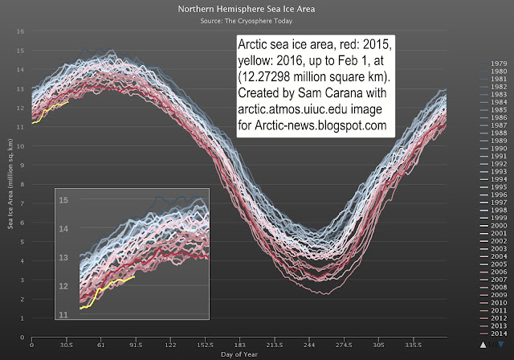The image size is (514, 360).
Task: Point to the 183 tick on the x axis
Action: (239, 342)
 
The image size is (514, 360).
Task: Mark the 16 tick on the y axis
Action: (22, 31)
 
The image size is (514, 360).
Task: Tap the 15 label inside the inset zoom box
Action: (64, 199)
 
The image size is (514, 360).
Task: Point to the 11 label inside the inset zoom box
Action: (64, 315)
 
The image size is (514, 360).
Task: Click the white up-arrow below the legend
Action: (483, 344)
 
